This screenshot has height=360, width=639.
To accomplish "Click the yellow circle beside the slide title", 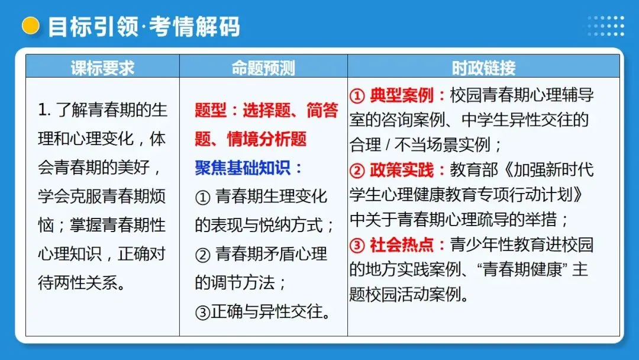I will coord(30,25).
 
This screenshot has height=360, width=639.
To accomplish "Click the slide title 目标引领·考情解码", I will coord(144,27).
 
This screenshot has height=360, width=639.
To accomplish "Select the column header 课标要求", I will coord(102,67).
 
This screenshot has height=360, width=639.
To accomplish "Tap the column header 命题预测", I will coord(263,67).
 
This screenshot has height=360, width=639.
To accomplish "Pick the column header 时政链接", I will coord(483,67).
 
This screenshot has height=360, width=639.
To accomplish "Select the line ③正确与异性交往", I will coord(262,311).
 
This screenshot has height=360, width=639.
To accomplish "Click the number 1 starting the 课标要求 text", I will coord(42,111).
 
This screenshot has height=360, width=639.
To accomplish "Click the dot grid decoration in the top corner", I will coord(605,26).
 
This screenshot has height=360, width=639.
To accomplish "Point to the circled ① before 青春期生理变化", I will coord(202,197).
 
